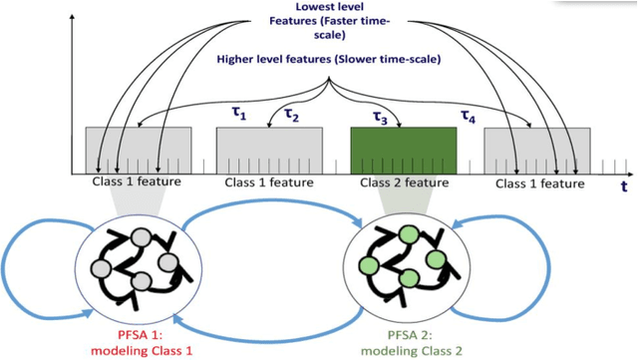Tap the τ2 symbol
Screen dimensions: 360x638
291,116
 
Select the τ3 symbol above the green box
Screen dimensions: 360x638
380,117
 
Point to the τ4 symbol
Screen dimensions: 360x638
468,117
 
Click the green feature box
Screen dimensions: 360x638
404,150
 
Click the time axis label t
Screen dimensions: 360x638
624,184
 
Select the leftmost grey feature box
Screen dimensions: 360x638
139,150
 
